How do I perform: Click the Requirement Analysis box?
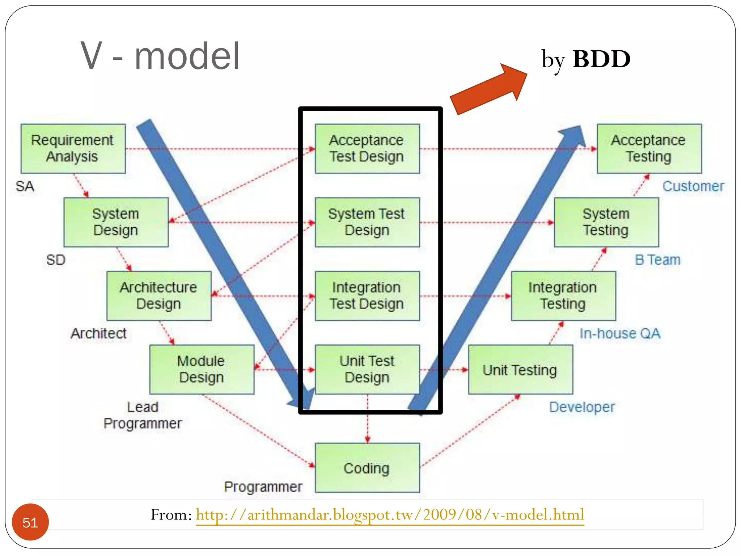[73, 148]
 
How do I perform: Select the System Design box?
[116, 222]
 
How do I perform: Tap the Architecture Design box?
[159, 295]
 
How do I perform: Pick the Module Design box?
[202, 369]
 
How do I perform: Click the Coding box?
[367, 468]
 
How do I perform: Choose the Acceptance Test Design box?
[367, 148]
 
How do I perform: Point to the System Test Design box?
[367, 222]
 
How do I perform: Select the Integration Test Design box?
[367, 295]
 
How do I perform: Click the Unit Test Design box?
[367, 369]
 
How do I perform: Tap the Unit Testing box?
[520, 370]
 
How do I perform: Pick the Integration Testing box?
[563, 295]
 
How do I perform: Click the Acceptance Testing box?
[649, 148]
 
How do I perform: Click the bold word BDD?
[601, 59]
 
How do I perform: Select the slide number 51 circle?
[30, 522]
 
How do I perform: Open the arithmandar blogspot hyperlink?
[390, 515]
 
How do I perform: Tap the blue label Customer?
[693, 186]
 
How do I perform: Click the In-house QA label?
[620, 333]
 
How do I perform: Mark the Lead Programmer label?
[143, 415]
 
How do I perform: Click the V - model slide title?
[160, 56]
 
